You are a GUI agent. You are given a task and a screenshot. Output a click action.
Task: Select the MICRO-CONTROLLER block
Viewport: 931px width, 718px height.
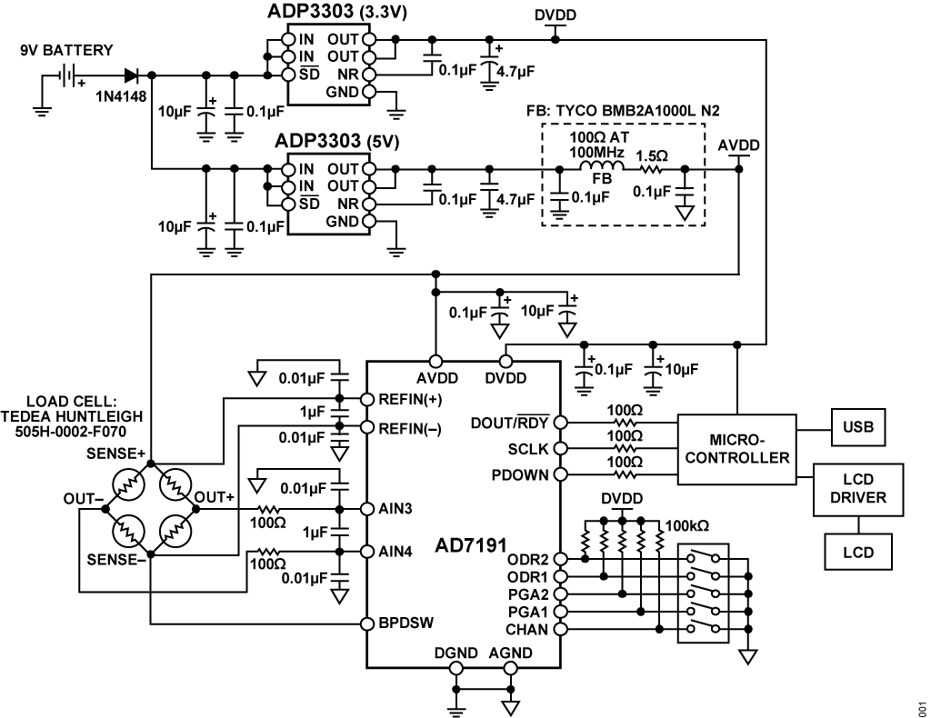[x=737, y=449]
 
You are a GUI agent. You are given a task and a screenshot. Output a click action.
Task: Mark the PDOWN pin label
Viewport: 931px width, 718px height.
[x=520, y=474]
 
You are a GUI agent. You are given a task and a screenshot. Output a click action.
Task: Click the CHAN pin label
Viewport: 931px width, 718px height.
[x=526, y=628]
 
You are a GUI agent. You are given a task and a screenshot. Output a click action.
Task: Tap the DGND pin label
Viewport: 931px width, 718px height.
[x=452, y=653]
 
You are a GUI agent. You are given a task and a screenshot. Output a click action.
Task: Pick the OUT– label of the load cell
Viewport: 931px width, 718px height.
[x=83, y=497]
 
